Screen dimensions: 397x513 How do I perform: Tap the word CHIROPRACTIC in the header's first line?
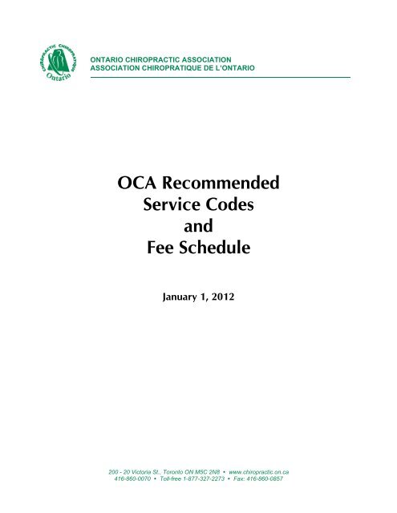pyautogui.click(x=160, y=59)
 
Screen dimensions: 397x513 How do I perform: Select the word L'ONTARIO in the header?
pyautogui.click(x=233, y=67)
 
